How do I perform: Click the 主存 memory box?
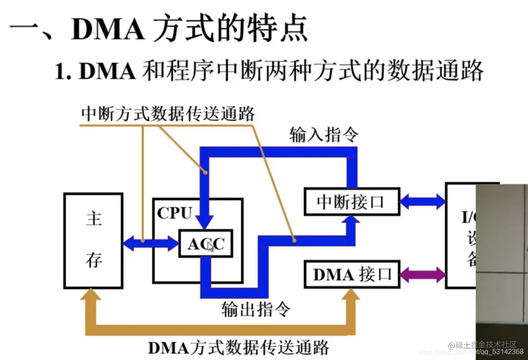(93, 241)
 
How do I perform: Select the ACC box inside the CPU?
(206, 244)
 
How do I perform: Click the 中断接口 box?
(352, 202)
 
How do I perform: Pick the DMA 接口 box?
(352, 275)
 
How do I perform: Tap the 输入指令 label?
(323, 136)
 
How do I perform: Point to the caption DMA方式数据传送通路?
(238, 347)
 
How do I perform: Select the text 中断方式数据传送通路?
(168, 114)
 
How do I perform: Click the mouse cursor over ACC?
(210, 247)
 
